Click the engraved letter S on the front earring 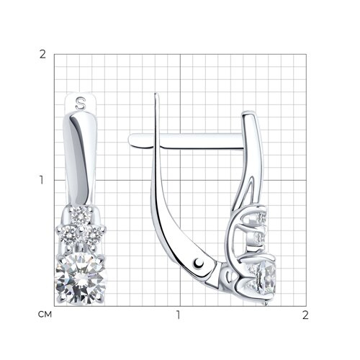click(x=81, y=103)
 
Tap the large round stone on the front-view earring click(x=81, y=279)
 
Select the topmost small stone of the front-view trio click(x=81, y=216)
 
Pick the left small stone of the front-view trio click(x=68, y=235)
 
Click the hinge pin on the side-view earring click(x=199, y=263)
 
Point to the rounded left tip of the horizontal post click(x=130, y=140)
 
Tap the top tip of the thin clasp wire click(x=156, y=94)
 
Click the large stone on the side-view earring click(x=266, y=279)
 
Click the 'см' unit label click(x=45, y=315)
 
